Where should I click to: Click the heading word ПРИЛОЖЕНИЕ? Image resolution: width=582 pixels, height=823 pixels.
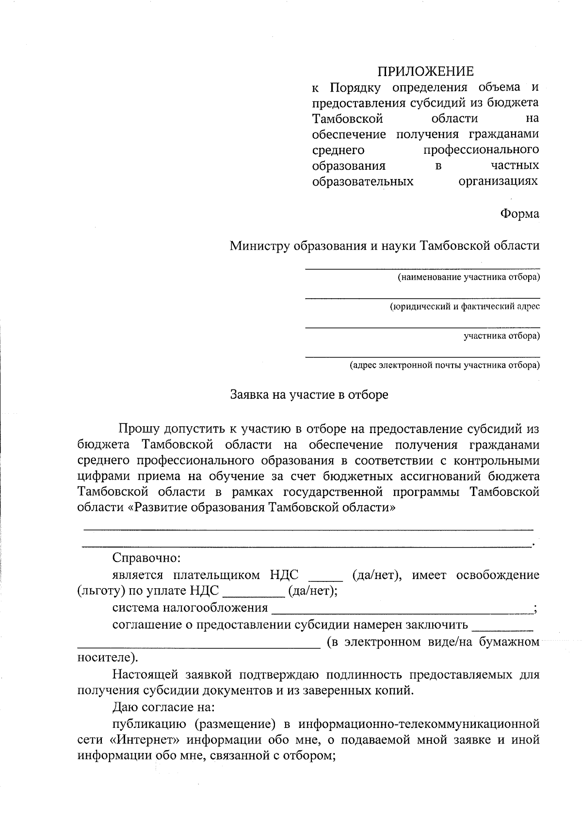425,72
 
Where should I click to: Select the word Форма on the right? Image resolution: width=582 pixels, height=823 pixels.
519,213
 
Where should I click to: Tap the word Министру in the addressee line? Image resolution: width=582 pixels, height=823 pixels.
259,245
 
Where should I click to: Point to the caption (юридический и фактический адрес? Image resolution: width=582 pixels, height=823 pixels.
465,307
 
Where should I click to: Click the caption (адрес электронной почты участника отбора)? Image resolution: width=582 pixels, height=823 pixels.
445,365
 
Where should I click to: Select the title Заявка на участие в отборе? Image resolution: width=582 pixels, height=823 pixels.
309,395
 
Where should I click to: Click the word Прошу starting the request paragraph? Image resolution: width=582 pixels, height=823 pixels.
139,429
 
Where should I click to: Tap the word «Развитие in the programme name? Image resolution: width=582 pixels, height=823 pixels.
160,508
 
